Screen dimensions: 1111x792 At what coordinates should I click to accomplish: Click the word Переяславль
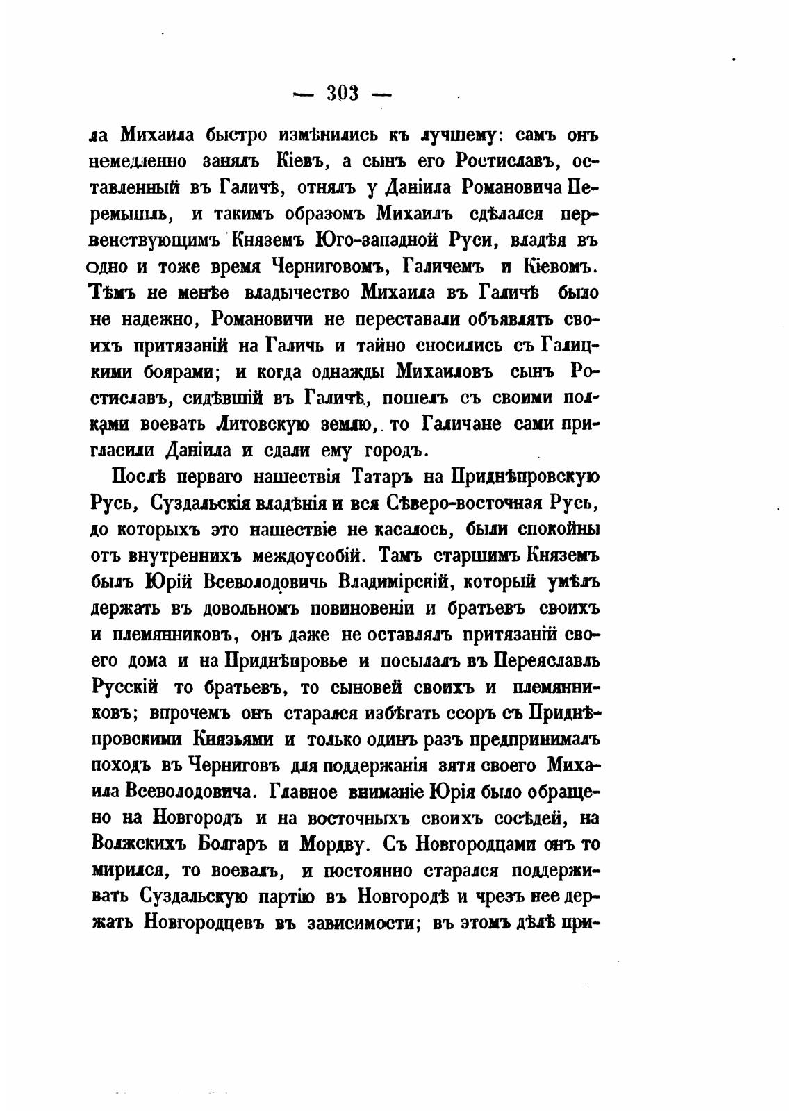(546, 661)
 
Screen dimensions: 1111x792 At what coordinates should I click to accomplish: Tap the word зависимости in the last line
(341, 924)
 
